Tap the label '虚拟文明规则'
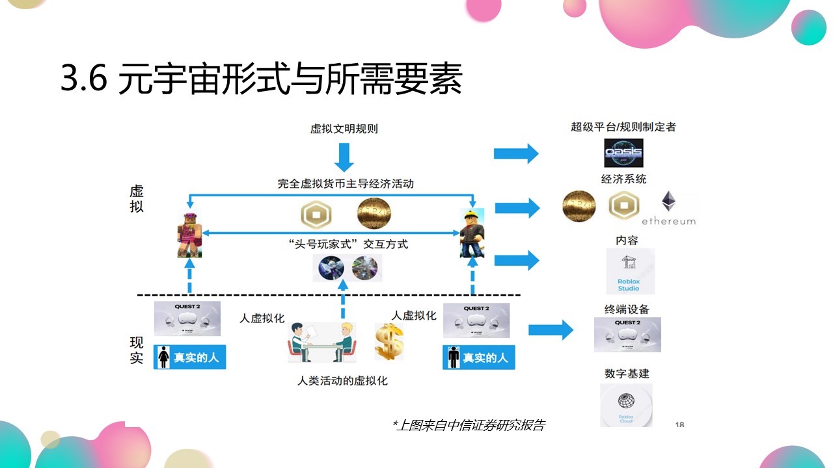(344, 129)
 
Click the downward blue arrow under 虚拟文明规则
(344, 156)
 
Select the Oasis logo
(623, 153)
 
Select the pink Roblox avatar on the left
(189, 234)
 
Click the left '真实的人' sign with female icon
(189, 357)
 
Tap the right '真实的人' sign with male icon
(478, 357)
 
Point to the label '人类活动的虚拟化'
(342, 381)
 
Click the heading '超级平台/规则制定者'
(623, 127)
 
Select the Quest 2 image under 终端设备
(627, 335)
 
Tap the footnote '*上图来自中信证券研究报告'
(468, 425)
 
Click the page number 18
(679, 424)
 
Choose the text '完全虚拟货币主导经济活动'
(345, 184)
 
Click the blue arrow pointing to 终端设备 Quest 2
(550, 330)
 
